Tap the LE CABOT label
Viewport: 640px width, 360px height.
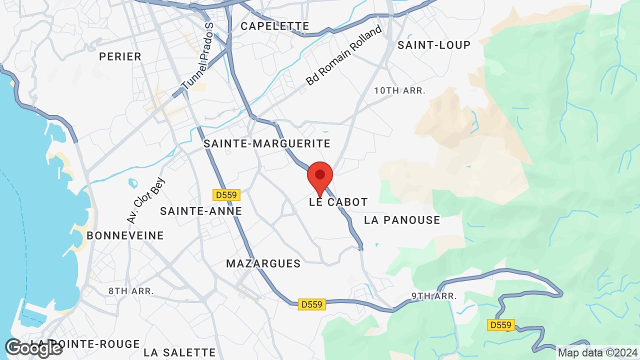pos(338,202)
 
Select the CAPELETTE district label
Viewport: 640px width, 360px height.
pos(275,26)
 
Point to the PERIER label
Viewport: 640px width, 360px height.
pos(120,56)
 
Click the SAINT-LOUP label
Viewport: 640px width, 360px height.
pos(434,45)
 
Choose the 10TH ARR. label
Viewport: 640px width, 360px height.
pos(400,90)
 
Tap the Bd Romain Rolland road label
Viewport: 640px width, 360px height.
pos(344,55)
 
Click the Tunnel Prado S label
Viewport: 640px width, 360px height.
pos(197,57)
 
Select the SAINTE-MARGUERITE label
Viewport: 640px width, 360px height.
pos(267,144)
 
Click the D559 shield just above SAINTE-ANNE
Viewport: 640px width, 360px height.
pos(226,195)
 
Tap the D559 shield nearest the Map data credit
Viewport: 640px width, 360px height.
pos(500,325)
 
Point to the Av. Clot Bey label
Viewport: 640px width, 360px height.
pos(145,200)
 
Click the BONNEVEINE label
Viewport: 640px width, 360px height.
pos(125,235)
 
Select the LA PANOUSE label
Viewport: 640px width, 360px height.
pos(402,220)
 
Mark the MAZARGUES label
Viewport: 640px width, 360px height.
pos(263,263)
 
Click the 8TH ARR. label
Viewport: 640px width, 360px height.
pos(131,290)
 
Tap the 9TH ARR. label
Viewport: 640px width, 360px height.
pos(434,296)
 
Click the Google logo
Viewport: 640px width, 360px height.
pos(33,348)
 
